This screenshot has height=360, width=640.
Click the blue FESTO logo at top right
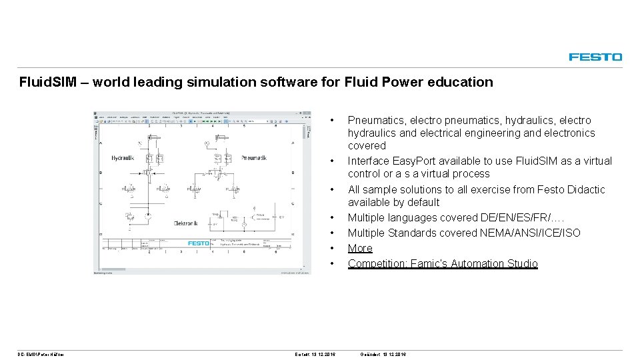595,57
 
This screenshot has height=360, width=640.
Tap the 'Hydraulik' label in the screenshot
123,158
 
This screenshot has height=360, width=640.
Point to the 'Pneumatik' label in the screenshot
253,158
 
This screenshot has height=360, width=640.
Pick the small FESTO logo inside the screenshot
199,243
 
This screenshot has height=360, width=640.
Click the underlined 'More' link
360,248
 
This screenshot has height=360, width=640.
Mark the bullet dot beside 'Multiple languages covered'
332,217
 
